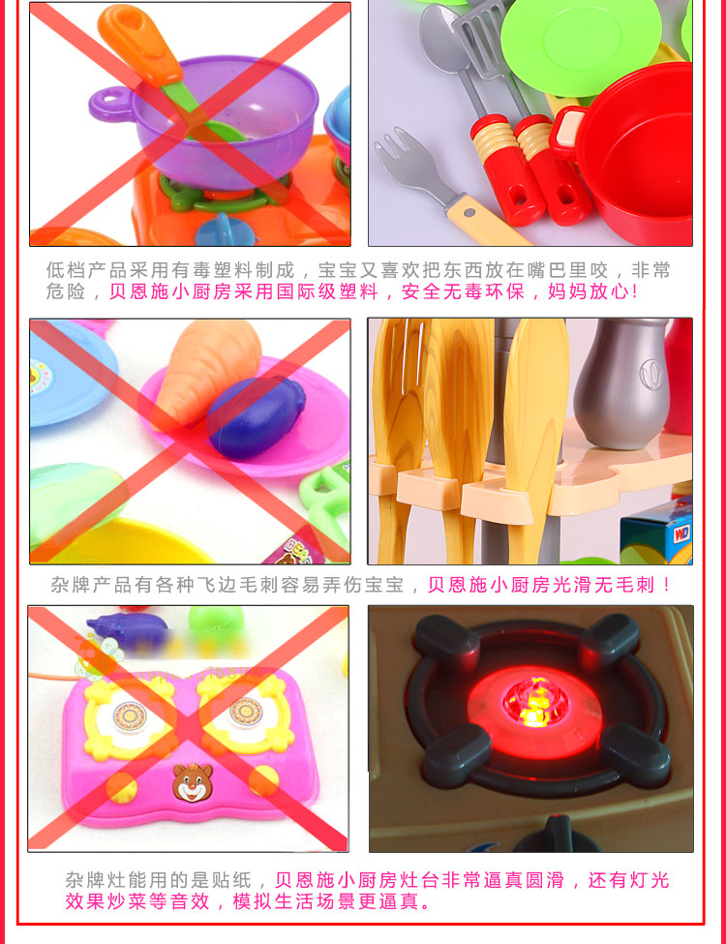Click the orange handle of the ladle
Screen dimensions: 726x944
(x=140, y=44)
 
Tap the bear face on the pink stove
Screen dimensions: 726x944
(x=193, y=782)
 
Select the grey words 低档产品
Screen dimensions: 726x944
(x=86, y=270)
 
